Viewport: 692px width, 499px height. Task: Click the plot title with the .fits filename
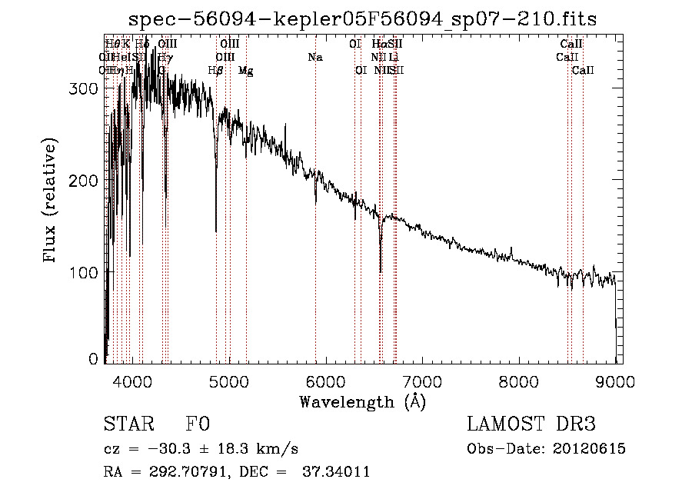(x=363, y=18)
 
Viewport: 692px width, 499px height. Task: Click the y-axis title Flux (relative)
(x=51, y=201)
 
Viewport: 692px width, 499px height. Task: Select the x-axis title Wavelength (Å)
(x=362, y=401)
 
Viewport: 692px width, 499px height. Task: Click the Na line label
(x=314, y=57)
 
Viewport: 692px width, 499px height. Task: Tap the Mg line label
(x=245, y=70)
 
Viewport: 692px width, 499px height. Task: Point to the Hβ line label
(x=216, y=70)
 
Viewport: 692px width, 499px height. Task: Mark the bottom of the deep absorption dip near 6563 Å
(x=381, y=271)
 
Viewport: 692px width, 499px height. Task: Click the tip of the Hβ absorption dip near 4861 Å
(x=216, y=231)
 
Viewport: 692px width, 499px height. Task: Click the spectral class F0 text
(x=198, y=425)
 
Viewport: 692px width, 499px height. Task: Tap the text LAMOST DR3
(x=531, y=425)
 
